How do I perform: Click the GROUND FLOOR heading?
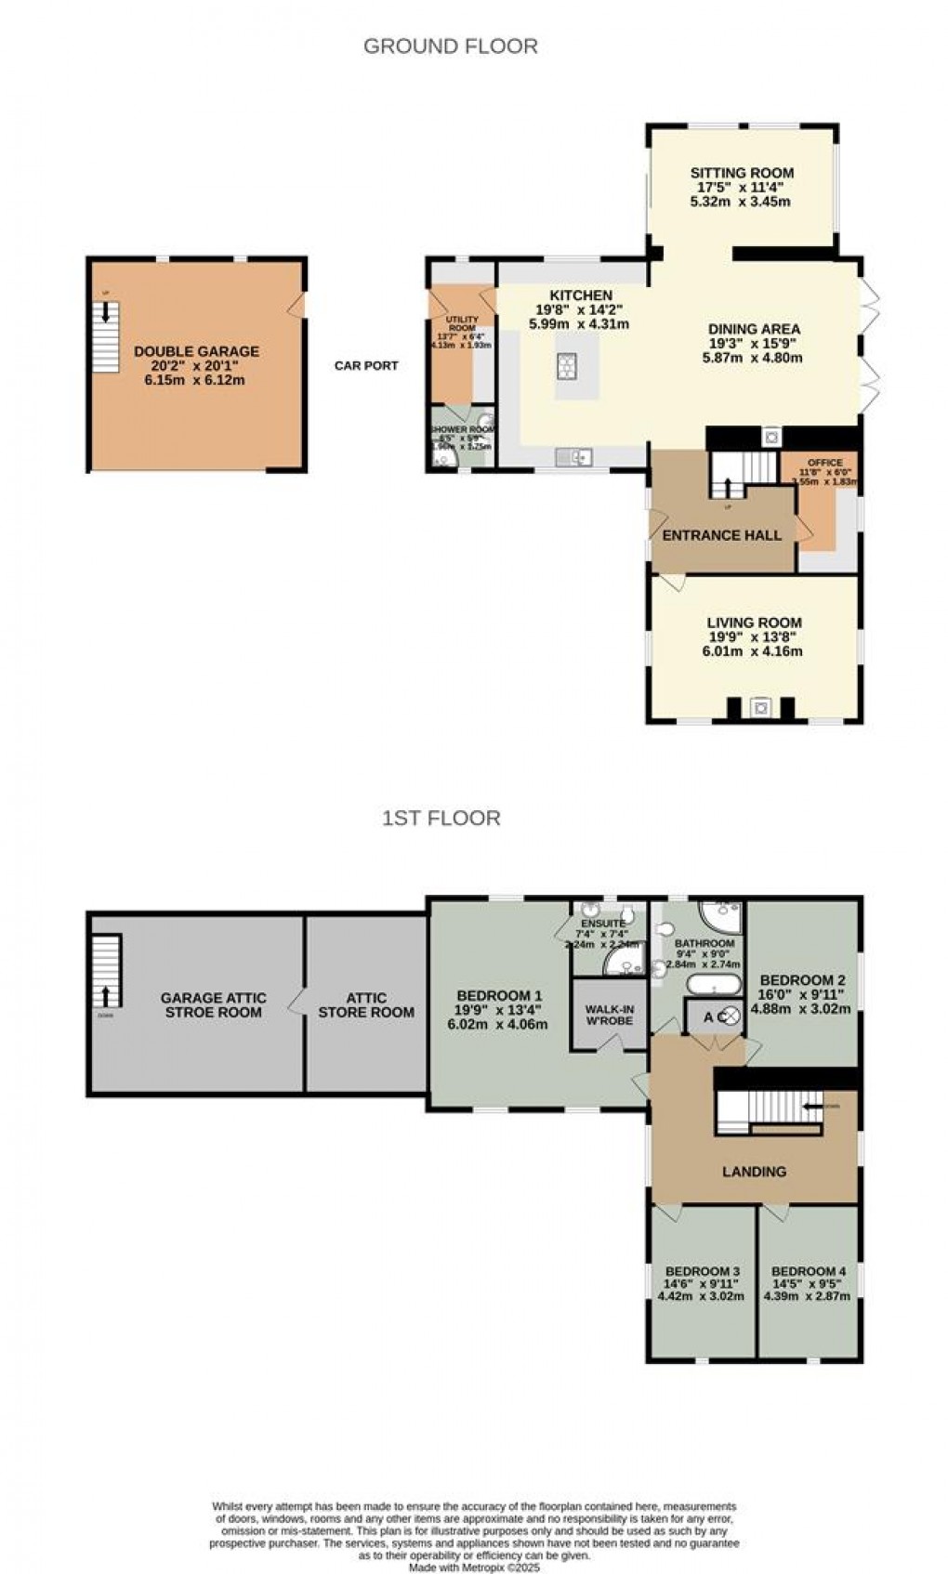click(450, 46)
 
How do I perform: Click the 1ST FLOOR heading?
click(441, 818)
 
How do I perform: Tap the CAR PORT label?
click(366, 365)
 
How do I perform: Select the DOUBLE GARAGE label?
click(196, 351)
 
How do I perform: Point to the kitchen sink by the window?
click(574, 455)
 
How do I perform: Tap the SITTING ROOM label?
click(742, 173)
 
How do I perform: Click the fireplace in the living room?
click(761, 708)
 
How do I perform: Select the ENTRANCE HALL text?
click(721, 535)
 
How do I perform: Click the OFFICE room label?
click(824, 463)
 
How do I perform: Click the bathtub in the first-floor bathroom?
click(713, 984)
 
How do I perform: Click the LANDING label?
click(754, 1172)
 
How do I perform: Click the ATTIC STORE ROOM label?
click(366, 1005)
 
